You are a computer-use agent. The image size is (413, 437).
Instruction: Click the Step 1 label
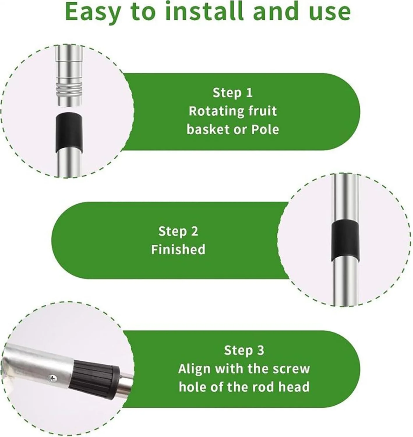[x=232, y=93]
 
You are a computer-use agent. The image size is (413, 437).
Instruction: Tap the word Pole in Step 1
[x=265, y=129]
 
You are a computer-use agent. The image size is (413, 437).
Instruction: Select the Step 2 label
[x=178, y=231]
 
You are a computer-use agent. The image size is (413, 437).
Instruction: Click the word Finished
[x=178, y=249]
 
